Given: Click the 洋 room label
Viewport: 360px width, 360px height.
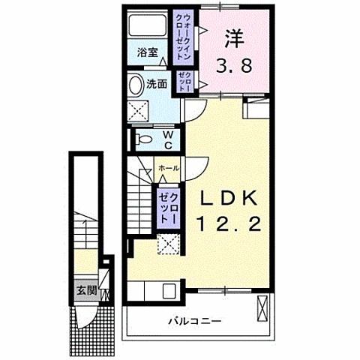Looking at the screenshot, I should coord(232,35).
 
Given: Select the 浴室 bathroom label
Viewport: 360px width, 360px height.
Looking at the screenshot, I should coord(147,52).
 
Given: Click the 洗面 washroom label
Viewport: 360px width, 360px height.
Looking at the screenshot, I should coord(156,83).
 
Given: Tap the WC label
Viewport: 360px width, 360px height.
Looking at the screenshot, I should coord(168,139).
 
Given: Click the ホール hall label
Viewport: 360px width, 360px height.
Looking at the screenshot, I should coord(168,168).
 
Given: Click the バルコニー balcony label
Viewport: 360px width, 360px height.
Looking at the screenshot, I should coord(194,321).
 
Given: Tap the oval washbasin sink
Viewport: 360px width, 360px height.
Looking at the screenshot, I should coord(136,84).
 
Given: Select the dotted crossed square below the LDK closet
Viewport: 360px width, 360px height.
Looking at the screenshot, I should coord(168,244).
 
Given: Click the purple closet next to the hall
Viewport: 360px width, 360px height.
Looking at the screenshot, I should coord(166,207).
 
